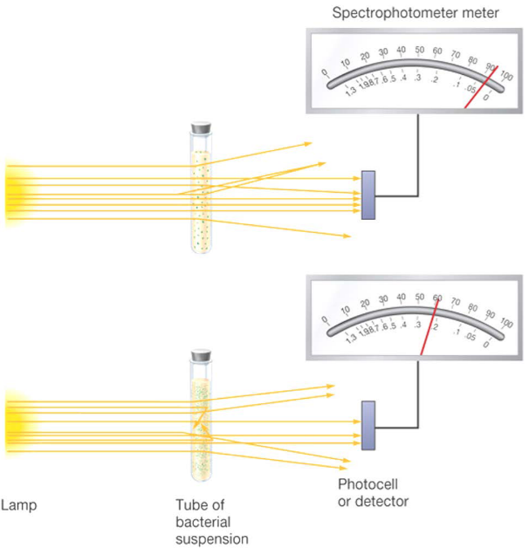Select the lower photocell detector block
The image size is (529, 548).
[368, 425]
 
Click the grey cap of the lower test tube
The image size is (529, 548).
[202, 356]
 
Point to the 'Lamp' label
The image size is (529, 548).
[19, 504]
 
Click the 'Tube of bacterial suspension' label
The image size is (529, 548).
[206, 520]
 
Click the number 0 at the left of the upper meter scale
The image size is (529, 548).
[325, 73]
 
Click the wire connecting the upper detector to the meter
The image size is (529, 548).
[420, 157]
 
